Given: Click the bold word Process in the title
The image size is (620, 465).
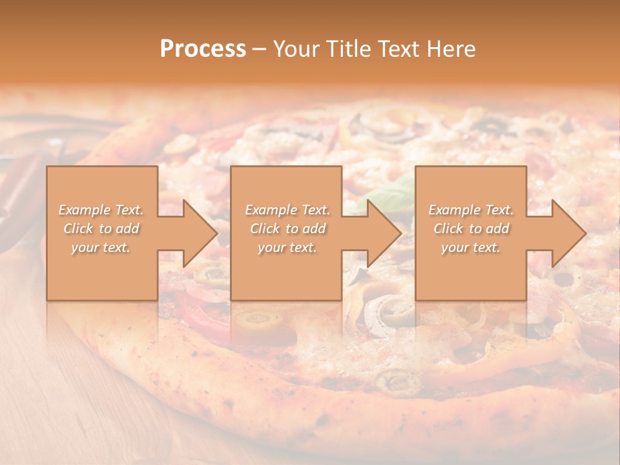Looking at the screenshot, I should (x=203, y=49).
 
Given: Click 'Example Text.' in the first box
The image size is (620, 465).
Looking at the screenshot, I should (x=101, y=210).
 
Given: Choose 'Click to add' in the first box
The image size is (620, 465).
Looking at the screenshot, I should (x=101, y=229).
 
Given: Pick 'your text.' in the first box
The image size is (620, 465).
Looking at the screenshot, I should (x=101, y=247).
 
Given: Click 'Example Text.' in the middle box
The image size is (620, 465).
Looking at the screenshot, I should (x=287, y=210).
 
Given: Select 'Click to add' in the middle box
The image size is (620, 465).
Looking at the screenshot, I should (x=287, y=229).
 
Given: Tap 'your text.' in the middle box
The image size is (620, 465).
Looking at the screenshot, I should (x=287, y=247).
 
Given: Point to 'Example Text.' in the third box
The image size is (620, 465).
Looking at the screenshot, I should (x=471, y=210).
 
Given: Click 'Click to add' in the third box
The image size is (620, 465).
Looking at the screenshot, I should (x=471, y=229).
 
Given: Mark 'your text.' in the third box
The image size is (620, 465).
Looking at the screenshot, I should (x=471, y=247).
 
